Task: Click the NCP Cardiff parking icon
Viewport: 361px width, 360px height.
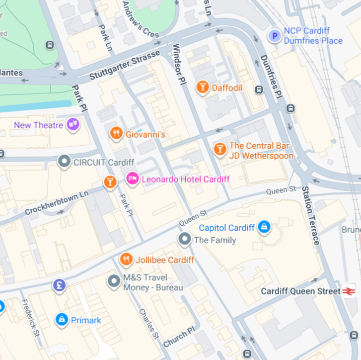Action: point(274,36)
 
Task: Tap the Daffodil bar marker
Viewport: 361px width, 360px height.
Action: point(202,88)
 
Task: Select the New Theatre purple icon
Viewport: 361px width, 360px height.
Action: point(73,124)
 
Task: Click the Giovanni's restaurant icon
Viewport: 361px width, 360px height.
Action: point(116,133)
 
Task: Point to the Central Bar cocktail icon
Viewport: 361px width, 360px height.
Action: point(219,149)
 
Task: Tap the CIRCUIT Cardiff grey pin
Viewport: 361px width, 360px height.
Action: point(64,162)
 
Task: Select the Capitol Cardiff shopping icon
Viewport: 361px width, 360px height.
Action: point(264,228)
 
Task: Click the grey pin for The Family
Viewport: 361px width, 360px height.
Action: point(185,240)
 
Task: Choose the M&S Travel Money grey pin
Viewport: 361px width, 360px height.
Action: point(114,282)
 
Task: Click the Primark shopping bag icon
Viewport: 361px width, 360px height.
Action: point(62,320)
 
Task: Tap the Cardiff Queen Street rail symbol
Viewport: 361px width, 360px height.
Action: point(349,291)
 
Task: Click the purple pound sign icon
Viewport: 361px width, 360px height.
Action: point(59,286)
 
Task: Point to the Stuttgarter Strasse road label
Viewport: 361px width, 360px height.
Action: point(125,65)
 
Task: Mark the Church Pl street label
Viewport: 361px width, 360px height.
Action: point(179,337)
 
